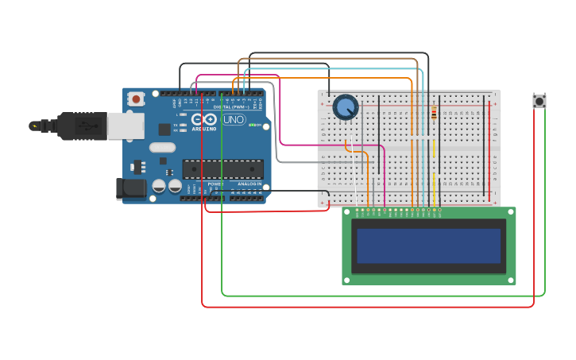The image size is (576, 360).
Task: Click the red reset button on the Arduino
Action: [137, 99]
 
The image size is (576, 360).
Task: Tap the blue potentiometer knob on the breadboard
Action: [346, 106]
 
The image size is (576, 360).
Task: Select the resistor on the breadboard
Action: [433, 113]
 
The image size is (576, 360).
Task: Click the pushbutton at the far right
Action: [539, 101]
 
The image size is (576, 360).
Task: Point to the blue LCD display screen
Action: [428, 246]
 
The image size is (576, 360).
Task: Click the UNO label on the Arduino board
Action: [234, 120]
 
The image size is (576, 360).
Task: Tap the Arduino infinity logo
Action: [204, 119]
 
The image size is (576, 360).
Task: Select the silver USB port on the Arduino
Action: [126, 126]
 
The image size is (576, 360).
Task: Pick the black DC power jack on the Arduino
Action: [130, 188]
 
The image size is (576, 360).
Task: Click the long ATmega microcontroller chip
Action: [223, 168]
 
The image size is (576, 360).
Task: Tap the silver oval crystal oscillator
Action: [162, 147]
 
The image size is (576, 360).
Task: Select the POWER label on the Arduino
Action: [215, 184]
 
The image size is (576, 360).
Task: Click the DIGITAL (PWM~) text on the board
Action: [231, 106]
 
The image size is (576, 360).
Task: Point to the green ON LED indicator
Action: [252, 125]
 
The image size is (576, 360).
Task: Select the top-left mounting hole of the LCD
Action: [347, 212]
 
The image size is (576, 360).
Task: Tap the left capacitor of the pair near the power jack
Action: [159, 186]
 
